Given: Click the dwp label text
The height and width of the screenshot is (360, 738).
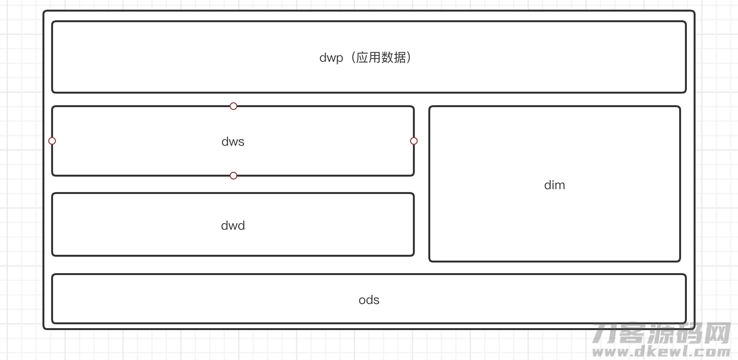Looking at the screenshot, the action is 331,58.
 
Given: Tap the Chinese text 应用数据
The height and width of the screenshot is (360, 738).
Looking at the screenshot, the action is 381,57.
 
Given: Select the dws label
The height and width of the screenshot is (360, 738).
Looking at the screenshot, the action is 233,142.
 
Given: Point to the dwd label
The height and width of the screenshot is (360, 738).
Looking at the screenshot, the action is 233,225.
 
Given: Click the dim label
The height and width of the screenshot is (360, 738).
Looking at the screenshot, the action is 555,185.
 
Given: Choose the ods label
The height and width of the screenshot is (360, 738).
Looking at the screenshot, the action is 369,300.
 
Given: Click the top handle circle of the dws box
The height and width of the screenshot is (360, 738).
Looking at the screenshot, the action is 233,106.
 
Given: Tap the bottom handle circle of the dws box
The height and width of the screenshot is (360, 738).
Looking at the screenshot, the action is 233,176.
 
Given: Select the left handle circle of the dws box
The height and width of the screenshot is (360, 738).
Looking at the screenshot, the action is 52,141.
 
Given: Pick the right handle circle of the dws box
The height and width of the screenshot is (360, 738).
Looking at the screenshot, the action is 414,141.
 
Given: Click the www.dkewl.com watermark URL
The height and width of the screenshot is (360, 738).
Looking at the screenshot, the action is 661,351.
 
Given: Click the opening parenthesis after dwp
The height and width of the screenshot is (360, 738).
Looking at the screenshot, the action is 352,57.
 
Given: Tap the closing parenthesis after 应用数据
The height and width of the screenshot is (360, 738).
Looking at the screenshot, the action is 409,57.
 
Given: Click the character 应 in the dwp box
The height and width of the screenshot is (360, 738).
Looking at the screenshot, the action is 362,57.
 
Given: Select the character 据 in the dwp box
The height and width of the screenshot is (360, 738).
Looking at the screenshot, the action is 400,57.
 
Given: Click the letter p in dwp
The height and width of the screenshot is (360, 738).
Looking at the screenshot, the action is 340,59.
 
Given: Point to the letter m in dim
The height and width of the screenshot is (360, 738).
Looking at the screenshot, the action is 560,186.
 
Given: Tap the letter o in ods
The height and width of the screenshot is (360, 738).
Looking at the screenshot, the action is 362,301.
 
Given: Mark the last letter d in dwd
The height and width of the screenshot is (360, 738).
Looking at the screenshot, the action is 241,225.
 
